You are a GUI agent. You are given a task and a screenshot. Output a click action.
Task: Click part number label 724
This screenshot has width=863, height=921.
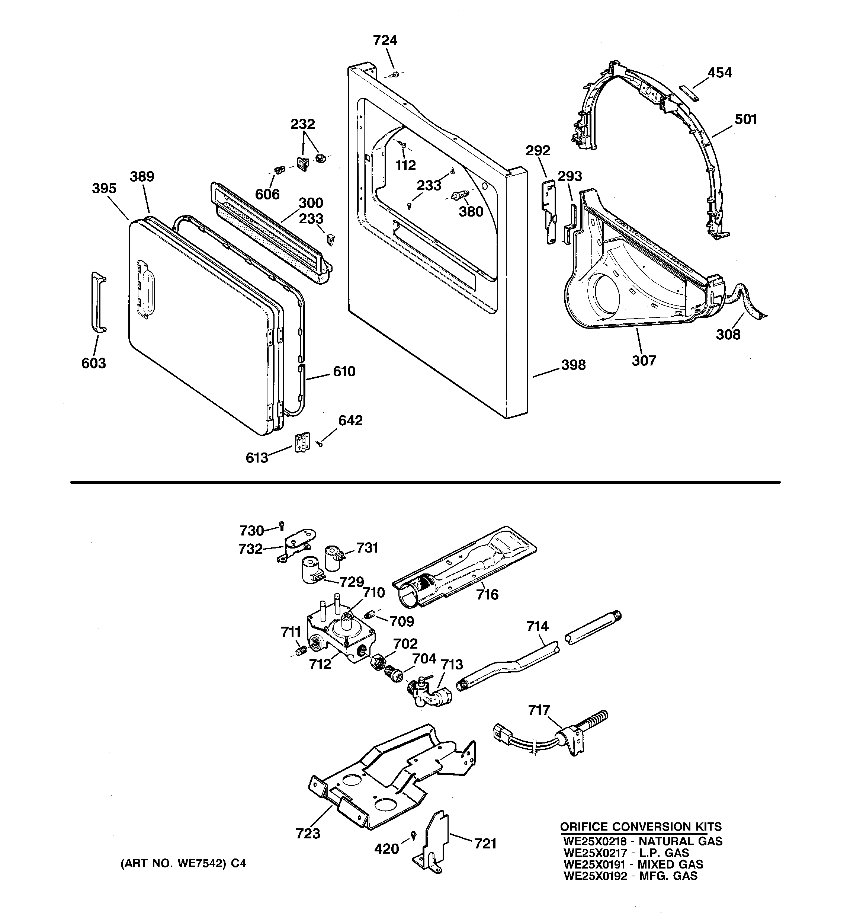click(x=385, y=41)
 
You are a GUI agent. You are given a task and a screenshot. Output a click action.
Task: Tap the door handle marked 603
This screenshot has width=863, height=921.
click(x=98, y=302)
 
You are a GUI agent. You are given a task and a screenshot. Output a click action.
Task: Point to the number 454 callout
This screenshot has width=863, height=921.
click(x=719, y=73)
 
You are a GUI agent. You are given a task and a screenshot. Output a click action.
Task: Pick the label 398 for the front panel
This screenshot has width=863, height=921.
click(x=574, y=365)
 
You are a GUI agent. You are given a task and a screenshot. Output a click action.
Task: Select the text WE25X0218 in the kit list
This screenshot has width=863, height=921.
click(x=595, y=841)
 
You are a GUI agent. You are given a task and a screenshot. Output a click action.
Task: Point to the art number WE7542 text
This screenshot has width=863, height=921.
click(x=183, y=864)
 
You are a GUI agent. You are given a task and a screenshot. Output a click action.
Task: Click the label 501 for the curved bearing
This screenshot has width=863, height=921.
click(x=745, y=119)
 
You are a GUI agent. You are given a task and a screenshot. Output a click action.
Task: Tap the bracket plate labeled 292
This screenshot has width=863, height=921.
click(x=549, y=211)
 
